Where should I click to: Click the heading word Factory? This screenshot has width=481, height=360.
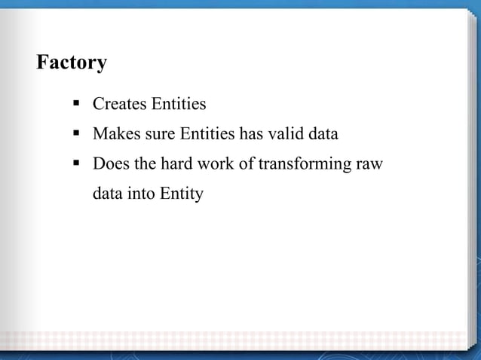(72, 63)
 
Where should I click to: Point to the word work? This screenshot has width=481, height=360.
(214, 164)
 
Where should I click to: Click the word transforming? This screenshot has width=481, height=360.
(302, 164)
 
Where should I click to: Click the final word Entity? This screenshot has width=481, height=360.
(182, 194)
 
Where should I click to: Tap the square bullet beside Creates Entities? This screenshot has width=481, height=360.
(77, 103)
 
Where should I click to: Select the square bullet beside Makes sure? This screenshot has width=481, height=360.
(77, 133)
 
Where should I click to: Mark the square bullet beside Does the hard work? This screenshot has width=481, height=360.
(77, 163)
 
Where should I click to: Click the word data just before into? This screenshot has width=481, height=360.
(107, 194)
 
